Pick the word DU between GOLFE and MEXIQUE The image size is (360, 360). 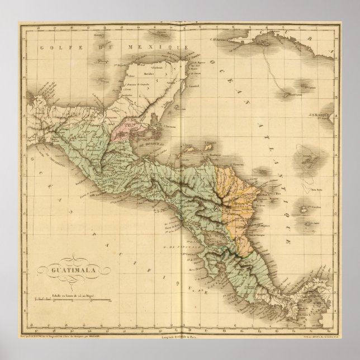[94, 49]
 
